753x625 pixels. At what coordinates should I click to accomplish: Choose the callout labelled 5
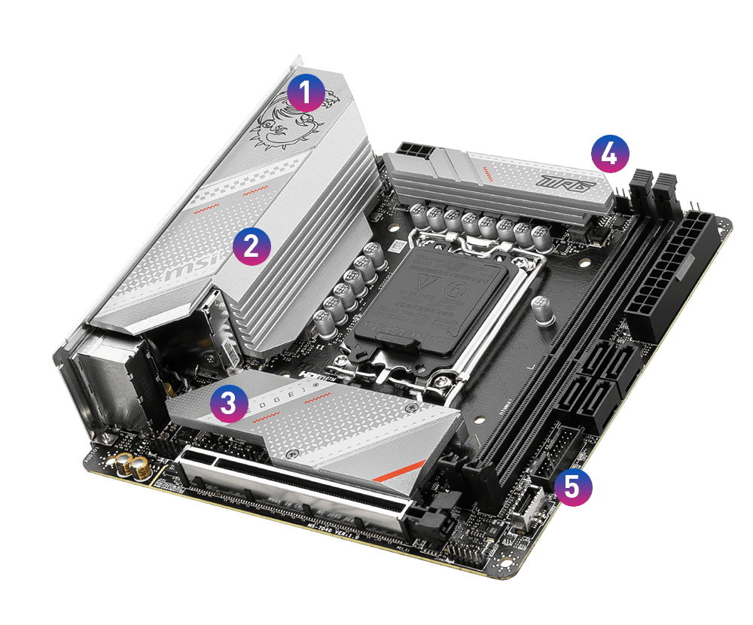(573, 486)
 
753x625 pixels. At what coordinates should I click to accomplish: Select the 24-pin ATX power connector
(670, 279)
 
